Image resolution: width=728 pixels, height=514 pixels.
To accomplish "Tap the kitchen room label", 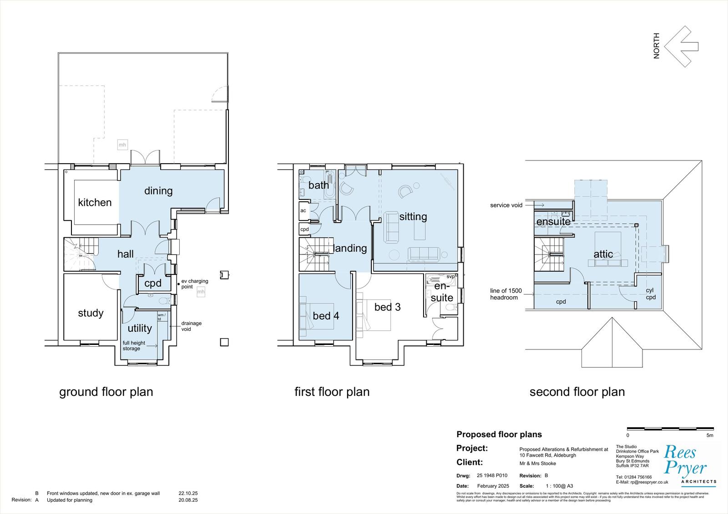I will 95,202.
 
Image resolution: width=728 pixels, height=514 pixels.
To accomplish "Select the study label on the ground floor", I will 91,313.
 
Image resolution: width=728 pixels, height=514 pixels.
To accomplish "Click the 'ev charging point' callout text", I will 194,284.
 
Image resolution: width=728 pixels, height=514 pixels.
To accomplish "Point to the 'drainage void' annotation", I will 191,326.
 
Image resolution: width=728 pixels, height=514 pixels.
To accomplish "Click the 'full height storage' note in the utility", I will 134,345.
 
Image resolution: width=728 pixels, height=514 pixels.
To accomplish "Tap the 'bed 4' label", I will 326,315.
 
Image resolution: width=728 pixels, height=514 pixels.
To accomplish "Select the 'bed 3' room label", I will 387,307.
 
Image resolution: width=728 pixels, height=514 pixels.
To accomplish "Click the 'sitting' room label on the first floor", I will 413,216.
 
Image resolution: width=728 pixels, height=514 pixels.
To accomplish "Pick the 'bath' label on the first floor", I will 318,185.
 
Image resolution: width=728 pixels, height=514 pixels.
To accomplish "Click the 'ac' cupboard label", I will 303,211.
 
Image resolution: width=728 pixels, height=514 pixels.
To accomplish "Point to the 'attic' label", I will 603,254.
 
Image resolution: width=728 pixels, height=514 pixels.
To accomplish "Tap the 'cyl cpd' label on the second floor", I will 651,294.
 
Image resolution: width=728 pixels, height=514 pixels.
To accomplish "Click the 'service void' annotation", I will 506,205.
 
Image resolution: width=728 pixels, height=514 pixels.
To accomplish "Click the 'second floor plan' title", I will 577,392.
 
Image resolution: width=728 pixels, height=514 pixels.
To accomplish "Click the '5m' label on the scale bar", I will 710,435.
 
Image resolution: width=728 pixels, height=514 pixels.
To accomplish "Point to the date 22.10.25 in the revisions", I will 188,493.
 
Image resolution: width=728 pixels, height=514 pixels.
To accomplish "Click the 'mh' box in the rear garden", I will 122,145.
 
